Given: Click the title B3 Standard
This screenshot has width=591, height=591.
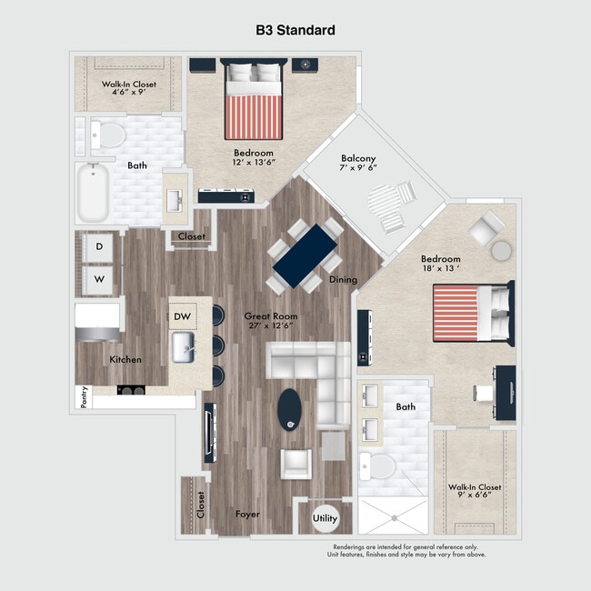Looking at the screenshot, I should [x=295, y=30].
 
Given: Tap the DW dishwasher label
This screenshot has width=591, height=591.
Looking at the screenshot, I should [x=182, y=316].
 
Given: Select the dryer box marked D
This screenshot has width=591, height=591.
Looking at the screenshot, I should [x=98, y=247].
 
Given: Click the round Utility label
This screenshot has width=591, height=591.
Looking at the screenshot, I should [x=325, y=518].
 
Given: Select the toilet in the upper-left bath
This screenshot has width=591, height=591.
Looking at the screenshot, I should [x=109, y=135].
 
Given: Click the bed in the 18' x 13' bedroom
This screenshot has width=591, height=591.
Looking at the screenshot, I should [x=471, y=313].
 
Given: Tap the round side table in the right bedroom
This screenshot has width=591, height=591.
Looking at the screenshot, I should [x=501, y=250].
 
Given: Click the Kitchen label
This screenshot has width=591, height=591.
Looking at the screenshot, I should [x=125, y=360].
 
